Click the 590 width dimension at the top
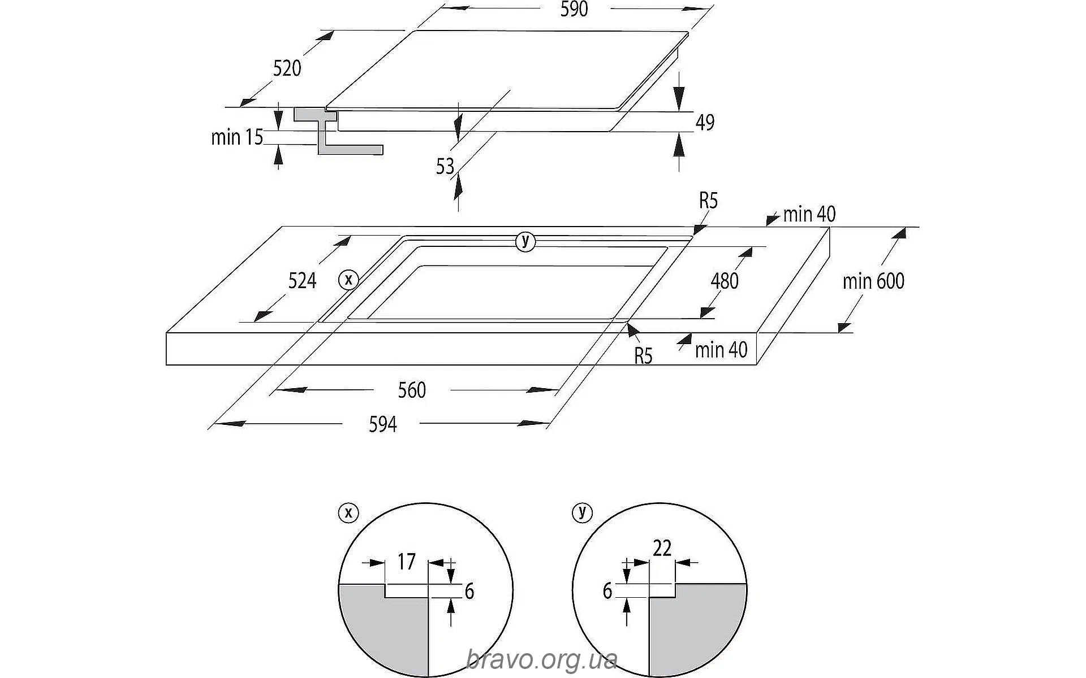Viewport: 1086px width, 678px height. [x=574, y=10]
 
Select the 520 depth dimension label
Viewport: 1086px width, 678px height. [x=287, y=68]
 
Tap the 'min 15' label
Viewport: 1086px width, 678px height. [x=237, y=137]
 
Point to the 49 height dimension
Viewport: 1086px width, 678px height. [x=705, y=122]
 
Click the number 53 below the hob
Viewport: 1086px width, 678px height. [x=445, y=166]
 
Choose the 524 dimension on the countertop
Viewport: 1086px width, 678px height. [x=302, y=281]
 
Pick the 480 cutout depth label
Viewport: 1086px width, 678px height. [x=725, y=281]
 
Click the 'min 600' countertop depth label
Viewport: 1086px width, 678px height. [x=873, y=281]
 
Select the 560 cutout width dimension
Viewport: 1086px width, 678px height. [x=411, y=390]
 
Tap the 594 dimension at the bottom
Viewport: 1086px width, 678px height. [x=383, y=424]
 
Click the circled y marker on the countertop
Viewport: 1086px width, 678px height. [x=525, y=241]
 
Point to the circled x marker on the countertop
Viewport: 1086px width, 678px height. [x=348, y=279]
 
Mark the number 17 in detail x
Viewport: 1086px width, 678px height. [x=406, y=562]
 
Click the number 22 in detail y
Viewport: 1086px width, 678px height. [x=662, y=548]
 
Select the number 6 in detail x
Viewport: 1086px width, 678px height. [x=469, y=591]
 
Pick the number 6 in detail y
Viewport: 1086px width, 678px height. [x=607, y=591]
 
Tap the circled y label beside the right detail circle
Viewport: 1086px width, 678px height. [x=582, y=512]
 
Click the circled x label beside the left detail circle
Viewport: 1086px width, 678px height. [x=348, y=512]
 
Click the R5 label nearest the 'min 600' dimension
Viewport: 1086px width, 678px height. [x=708, y=201]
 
